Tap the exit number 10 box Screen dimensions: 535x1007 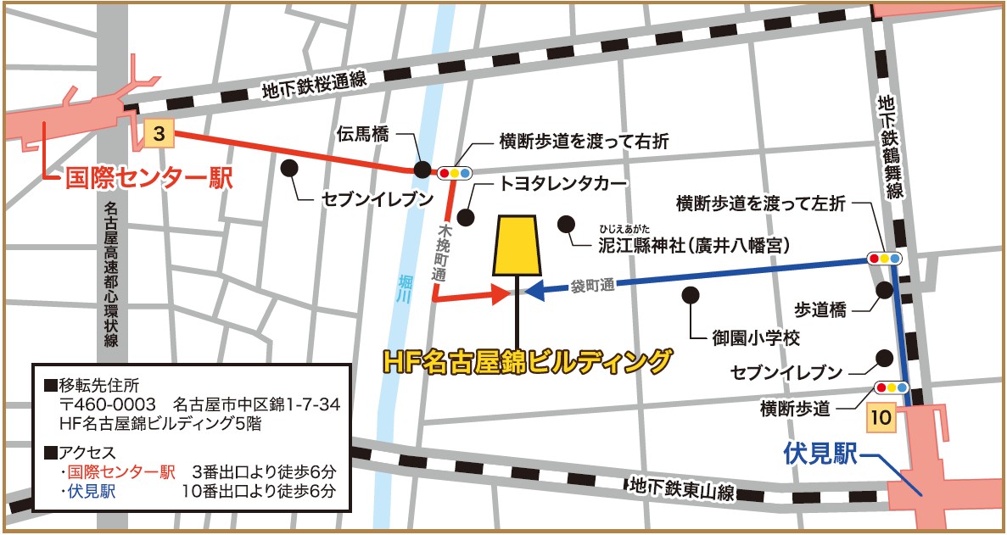click(x=881, y=417)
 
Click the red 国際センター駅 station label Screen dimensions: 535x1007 click(x=149, y=179)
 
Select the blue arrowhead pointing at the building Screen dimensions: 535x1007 click(x=536, y=291)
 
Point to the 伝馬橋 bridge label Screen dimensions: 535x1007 click(x=363, y=133)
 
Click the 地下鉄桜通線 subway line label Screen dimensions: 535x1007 click(x=314, y=86)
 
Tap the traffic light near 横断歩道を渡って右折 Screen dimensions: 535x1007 click(x=456, y=172)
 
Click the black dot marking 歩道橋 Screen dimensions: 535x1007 click(x=885, y=290)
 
